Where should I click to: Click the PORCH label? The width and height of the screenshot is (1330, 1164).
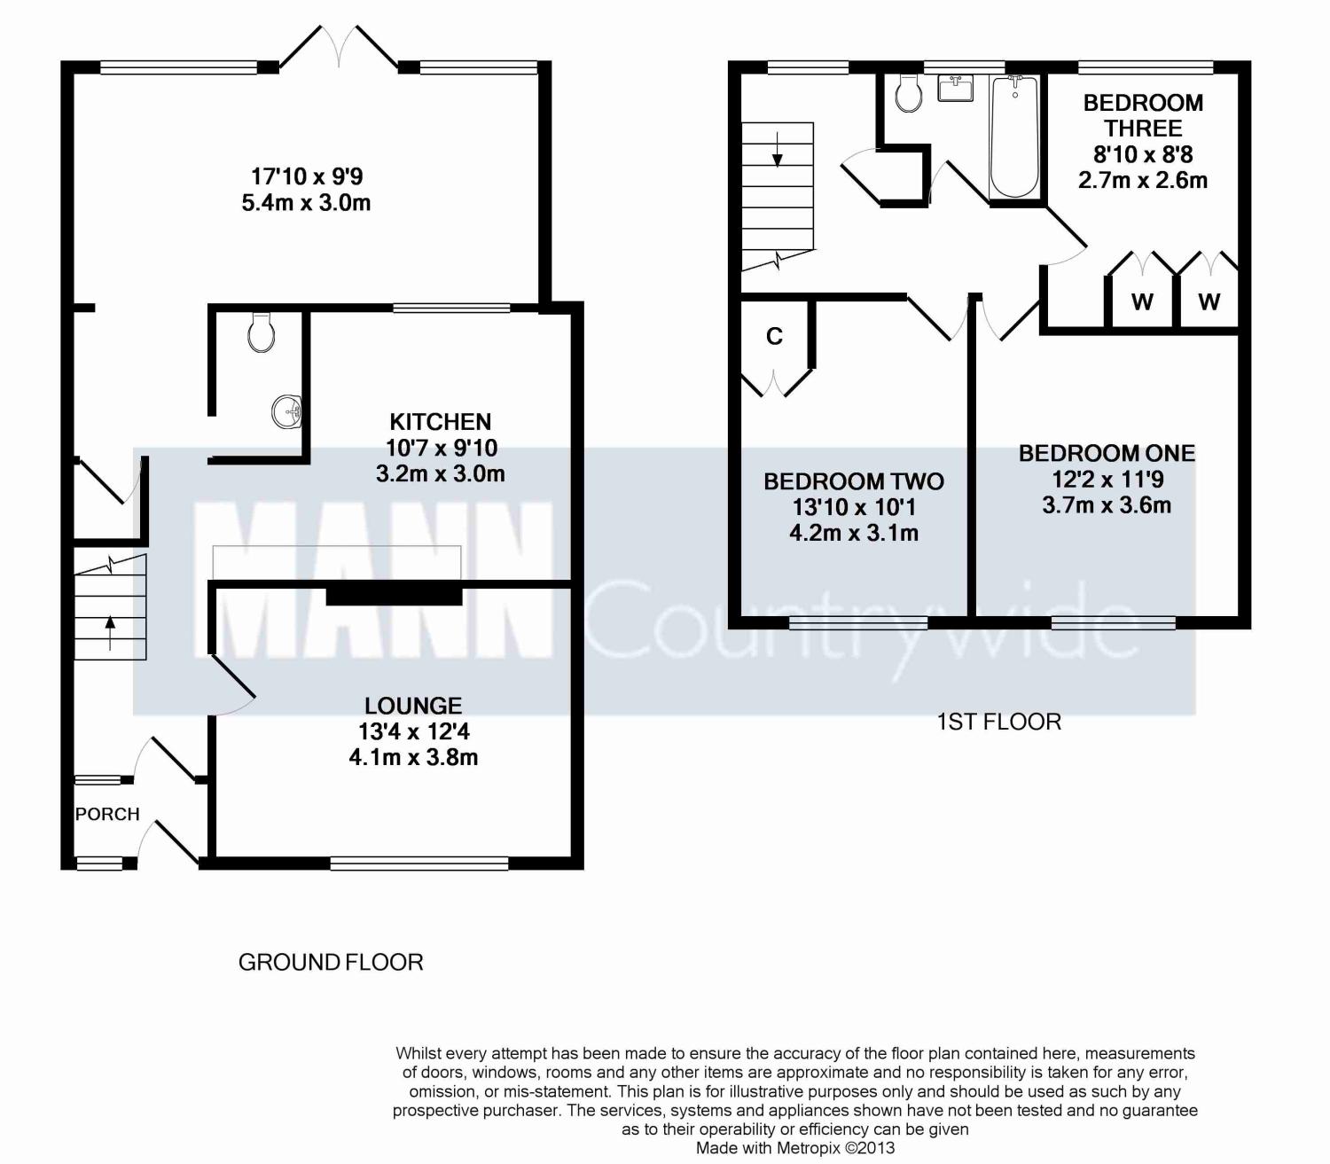click(107, 814)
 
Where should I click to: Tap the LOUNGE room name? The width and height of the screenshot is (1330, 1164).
click(413, 706)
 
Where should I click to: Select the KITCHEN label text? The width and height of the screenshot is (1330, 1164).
click(440, 422)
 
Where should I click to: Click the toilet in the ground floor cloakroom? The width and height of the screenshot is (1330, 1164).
click(261, 332)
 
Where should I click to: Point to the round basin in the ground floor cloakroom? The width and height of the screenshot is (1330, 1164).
click(286, 411)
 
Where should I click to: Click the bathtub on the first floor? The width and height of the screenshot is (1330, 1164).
click(1014, 137)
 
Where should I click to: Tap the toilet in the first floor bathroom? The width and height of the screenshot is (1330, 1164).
click(909, 94)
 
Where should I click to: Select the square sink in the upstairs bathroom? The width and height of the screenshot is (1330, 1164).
click(956, 88)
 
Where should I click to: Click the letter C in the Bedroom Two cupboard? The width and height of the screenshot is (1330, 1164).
click(774, 336)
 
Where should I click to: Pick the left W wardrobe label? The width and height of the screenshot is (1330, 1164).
click(1142, 301)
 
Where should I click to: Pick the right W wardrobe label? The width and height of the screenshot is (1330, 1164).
click(1209, 301)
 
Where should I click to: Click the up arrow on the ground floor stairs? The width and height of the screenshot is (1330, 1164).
click(110, 632)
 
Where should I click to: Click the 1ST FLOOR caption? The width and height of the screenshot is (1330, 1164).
click(999, 722)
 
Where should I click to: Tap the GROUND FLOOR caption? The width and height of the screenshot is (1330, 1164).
click(331, 963)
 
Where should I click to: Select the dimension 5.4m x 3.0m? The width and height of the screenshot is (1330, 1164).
click(306, 203)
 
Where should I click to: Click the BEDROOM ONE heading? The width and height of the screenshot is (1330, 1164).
click(1107, 454)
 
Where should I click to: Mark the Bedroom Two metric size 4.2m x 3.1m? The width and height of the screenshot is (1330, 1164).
click(854, 534)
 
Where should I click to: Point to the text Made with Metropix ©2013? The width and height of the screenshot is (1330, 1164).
click(795, 1148)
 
